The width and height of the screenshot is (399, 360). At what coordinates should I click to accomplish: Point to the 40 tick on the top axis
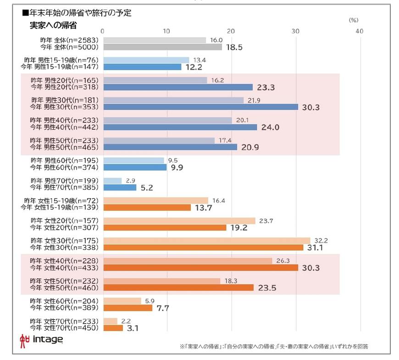coord(359,31)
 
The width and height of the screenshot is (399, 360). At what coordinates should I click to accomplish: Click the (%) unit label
coord(353,20)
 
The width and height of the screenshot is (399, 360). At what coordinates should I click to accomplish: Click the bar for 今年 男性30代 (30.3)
coord(200,107)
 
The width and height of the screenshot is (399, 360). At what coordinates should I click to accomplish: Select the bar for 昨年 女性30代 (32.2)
coord(206,240)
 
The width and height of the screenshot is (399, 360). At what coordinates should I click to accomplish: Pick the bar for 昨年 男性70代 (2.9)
coord(112,181)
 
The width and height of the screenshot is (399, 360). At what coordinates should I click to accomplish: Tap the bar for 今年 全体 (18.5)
coord(162,47)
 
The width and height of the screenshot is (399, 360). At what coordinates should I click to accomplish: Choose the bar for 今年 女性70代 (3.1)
coord(113,328)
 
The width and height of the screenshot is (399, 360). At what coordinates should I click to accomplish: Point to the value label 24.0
coord(270,127)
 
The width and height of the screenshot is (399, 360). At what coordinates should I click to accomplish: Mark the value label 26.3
coord(282,261)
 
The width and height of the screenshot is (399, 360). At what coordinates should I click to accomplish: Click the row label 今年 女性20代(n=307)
coord(64,227)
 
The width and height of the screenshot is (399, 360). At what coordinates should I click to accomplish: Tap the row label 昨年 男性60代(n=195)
coord(64,161)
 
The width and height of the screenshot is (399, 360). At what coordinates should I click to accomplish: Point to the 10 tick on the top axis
coord(166,31)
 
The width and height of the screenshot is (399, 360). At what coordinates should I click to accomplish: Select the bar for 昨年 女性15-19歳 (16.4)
coord(155,200)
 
